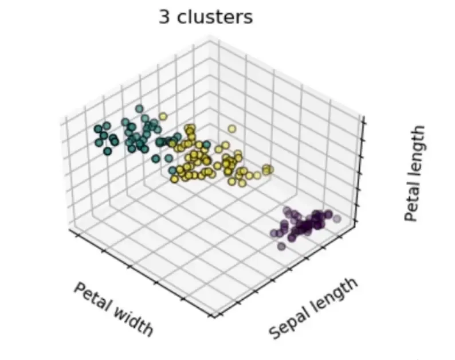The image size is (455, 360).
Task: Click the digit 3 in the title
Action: tap(165, 17)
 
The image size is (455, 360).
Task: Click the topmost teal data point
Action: tap(139, 108)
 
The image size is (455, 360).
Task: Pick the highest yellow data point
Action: tap(162, 116)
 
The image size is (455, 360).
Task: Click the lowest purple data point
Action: tap(281, 246)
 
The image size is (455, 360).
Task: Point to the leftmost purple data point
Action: tap(273, 233)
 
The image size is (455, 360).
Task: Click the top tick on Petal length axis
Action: tap(362, 119)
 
